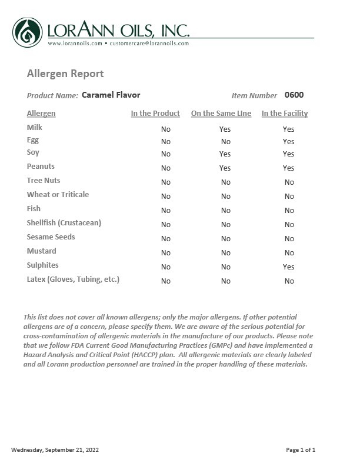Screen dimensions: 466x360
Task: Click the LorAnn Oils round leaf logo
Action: point(27,32)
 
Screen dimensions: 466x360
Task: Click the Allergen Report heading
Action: point(65,74)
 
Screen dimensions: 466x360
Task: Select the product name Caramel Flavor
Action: point(111,95)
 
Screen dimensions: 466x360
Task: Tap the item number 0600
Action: point(294,95)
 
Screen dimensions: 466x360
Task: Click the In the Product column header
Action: point(155,114)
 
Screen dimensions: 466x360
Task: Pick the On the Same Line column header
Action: point(221,114)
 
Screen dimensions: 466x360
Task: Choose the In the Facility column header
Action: point(285,114)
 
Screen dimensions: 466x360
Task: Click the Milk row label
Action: point(35,128)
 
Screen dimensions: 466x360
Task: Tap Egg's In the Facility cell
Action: point(288,142)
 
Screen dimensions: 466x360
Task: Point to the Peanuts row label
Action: point(41,167)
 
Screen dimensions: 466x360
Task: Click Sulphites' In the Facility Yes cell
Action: point(288,267)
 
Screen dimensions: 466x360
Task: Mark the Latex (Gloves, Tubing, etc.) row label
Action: point(73,279)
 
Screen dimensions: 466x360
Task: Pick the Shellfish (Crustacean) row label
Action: point(64,223)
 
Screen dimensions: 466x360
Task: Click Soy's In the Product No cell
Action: point(166,154)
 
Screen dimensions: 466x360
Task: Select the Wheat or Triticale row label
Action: point(58,195)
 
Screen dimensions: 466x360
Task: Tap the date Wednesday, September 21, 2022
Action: point(55,450)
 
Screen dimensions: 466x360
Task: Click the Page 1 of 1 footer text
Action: point(301,450)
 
